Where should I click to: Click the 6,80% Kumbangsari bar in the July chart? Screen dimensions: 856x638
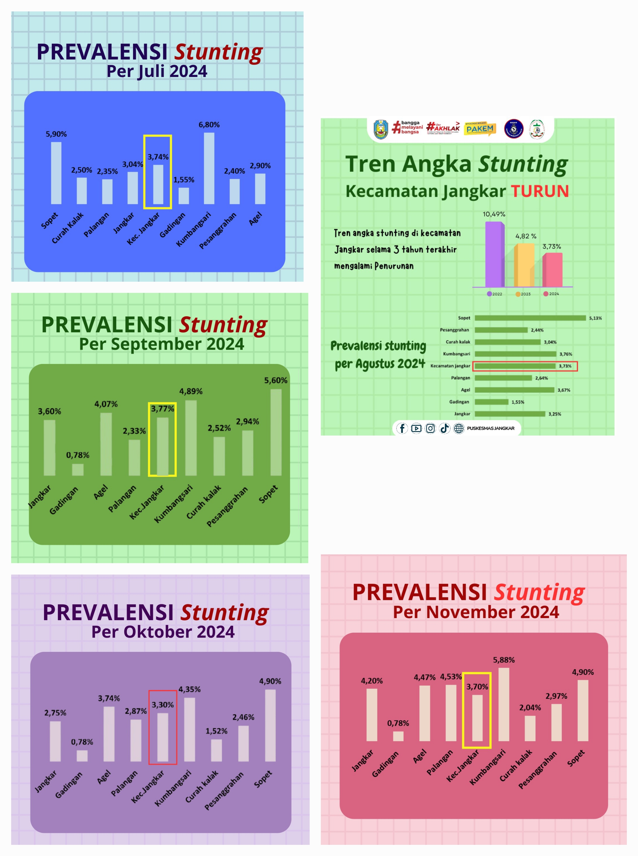[x=209, y=168]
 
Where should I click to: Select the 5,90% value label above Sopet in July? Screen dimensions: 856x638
[x=56, y=134]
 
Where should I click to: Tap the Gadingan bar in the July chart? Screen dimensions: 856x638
[x=184, y=196]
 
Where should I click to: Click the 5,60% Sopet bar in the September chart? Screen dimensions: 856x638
[x=276, y=432]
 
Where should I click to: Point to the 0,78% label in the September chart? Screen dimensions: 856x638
[x=78, y=455]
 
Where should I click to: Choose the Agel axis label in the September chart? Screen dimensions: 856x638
[x=101, y=492]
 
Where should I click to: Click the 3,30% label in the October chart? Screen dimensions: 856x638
[x=163, y=705]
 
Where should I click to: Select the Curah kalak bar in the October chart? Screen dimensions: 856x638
[x=216, y=750]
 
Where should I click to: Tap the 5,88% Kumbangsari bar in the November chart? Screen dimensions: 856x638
[x=504, y=704]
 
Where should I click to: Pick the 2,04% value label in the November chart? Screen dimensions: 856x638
[x=530, y=707]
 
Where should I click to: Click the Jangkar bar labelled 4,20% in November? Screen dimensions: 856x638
[x=372, y=715]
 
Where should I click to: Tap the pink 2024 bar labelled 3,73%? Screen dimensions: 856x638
[x=552, y=270]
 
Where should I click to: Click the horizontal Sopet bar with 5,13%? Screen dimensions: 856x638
[x=530, y=318]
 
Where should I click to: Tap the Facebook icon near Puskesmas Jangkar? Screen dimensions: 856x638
[x=402, y=428]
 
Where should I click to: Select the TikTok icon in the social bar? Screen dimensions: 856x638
[x=445, y=428]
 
